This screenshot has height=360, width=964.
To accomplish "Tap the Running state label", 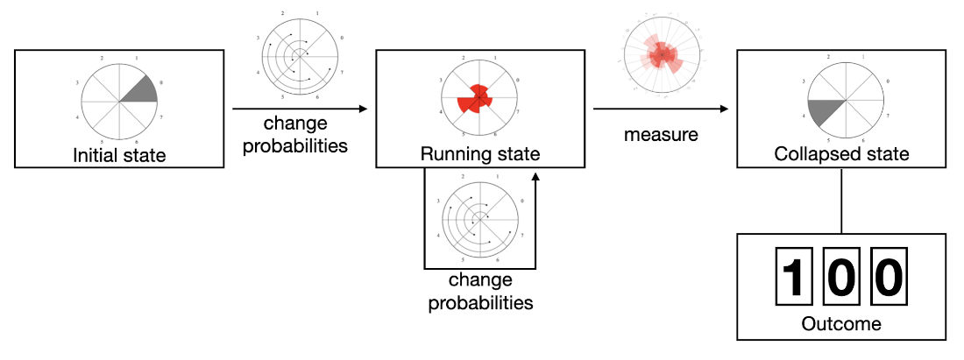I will tap(479, 156).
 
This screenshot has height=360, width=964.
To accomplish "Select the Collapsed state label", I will tap(841, 155).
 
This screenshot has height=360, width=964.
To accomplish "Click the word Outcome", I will tap(841, 324).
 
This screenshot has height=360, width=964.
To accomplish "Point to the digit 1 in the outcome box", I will tap(792, 277).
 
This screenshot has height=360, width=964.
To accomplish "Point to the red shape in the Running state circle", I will tap(476, 99).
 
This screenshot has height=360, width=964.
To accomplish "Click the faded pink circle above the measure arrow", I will tap(662, 56).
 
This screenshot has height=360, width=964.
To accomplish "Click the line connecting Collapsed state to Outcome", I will tap(841, 201).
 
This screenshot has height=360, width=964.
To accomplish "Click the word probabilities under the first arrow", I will tap(294, 145).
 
